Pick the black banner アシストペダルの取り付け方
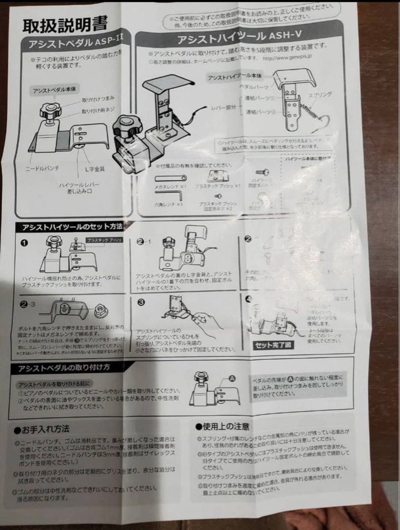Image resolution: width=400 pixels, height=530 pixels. point(64,367)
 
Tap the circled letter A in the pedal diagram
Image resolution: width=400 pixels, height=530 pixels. point(232,378)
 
